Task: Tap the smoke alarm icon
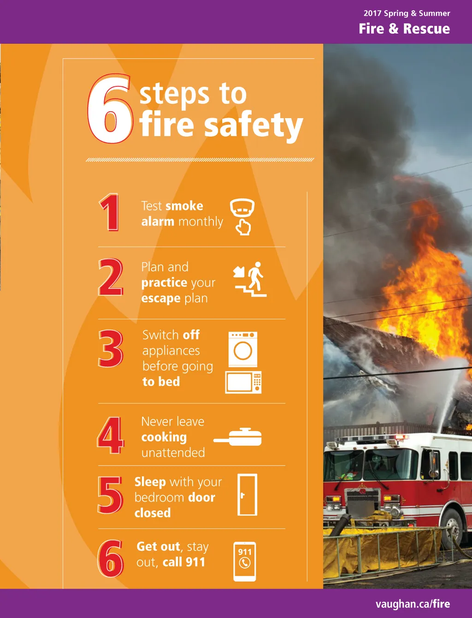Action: click(x=242, y=217)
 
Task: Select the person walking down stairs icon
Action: click(x=250, y=279)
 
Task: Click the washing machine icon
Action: click(x=243, y=349)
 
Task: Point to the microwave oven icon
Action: click(x=243, y=382)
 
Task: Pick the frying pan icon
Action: click(x=238, y=437)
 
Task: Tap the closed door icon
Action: click(x=248, y=495)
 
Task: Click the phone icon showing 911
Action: click(x=245, y=561)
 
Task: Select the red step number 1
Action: click(x=110, y=212)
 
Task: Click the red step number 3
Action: click(x=111, y=348)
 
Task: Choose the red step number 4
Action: click(x=111, y=435)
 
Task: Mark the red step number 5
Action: click(x=110, y=495)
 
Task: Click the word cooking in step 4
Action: click(x=164, y=438)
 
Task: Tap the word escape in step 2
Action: click(x=160, y=299)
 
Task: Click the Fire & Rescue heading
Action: click(x=404, y=29)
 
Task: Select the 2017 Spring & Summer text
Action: click(x=407, y=13)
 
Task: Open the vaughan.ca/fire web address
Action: click(x=413, y=604)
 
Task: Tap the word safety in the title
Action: click(x=254, y=126)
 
